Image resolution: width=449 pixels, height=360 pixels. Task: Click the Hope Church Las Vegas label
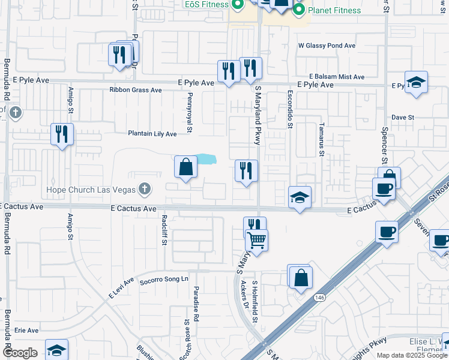[91, 190]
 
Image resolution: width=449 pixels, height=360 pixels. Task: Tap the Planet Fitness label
[334, 10]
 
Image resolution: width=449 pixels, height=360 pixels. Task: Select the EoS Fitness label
[206, 4]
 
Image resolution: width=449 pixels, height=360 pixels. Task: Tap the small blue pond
[206, 159]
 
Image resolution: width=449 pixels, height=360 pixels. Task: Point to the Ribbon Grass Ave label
[136, 90]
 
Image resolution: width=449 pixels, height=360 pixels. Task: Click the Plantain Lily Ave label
[152, 134]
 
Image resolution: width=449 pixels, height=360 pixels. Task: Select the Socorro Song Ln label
[164, 280]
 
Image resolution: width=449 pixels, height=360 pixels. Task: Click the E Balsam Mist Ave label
[337, 77]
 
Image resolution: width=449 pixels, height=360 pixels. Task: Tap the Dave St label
[403, 118]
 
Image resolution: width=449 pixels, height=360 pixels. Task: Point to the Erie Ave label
[26, 331]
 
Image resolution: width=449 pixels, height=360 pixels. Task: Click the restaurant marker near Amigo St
[62, 135]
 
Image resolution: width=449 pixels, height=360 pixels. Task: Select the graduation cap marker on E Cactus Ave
[299, 198]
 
